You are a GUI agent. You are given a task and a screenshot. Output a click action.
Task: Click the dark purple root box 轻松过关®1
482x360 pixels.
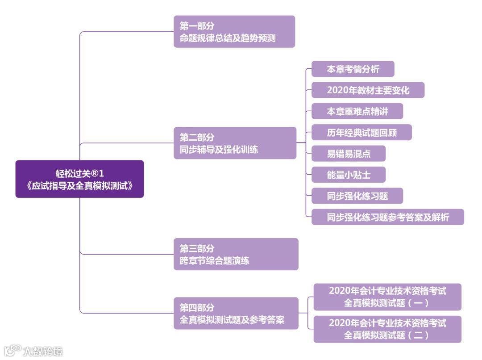[x=79, y=179]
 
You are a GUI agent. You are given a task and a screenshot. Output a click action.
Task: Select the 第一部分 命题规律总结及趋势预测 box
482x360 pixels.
[x=234, y=32]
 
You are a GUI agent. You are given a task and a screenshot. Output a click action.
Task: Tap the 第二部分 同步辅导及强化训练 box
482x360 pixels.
[x=235, y=143]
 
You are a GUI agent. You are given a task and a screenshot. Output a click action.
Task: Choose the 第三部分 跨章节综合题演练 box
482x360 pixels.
[x=236, y=254]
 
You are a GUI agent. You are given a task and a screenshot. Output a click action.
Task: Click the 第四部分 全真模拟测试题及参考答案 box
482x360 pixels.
[x=236, y=313]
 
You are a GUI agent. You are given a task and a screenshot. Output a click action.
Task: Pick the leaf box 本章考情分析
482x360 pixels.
[x=353, y=69]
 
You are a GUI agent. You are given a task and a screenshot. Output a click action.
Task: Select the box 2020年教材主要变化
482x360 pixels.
[x=368, y=90]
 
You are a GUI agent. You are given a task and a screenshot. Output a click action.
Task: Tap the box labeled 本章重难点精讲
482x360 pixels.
[x=357, y=111]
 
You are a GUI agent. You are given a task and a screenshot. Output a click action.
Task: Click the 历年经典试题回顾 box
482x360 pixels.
[x=361, y=132]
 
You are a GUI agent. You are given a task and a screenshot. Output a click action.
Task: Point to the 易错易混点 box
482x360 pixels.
[x=349, y=153]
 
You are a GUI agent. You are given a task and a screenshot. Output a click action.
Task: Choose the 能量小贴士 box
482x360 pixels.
[x=349, y=175]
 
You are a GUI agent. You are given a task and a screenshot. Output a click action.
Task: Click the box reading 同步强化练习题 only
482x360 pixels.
[x=357, y=196]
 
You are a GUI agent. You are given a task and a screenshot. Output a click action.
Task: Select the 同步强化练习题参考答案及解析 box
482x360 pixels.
[x=387, y=217]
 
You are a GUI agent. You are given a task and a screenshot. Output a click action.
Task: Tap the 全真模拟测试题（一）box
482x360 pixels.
[x=387, y=297]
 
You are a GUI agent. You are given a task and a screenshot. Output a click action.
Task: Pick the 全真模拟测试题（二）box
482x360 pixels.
[x=387, y=329]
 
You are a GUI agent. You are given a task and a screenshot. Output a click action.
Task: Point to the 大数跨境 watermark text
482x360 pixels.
[x=43, y=351]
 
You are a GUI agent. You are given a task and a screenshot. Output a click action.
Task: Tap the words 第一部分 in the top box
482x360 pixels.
[x=197, y=26]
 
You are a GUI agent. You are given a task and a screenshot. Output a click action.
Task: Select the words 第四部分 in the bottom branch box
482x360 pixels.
[x=197, y=307]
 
